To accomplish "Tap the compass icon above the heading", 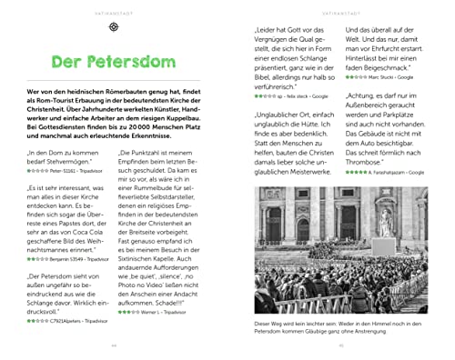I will click(x=114, y=27).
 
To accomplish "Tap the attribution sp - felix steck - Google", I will click(x=294, y=94).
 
